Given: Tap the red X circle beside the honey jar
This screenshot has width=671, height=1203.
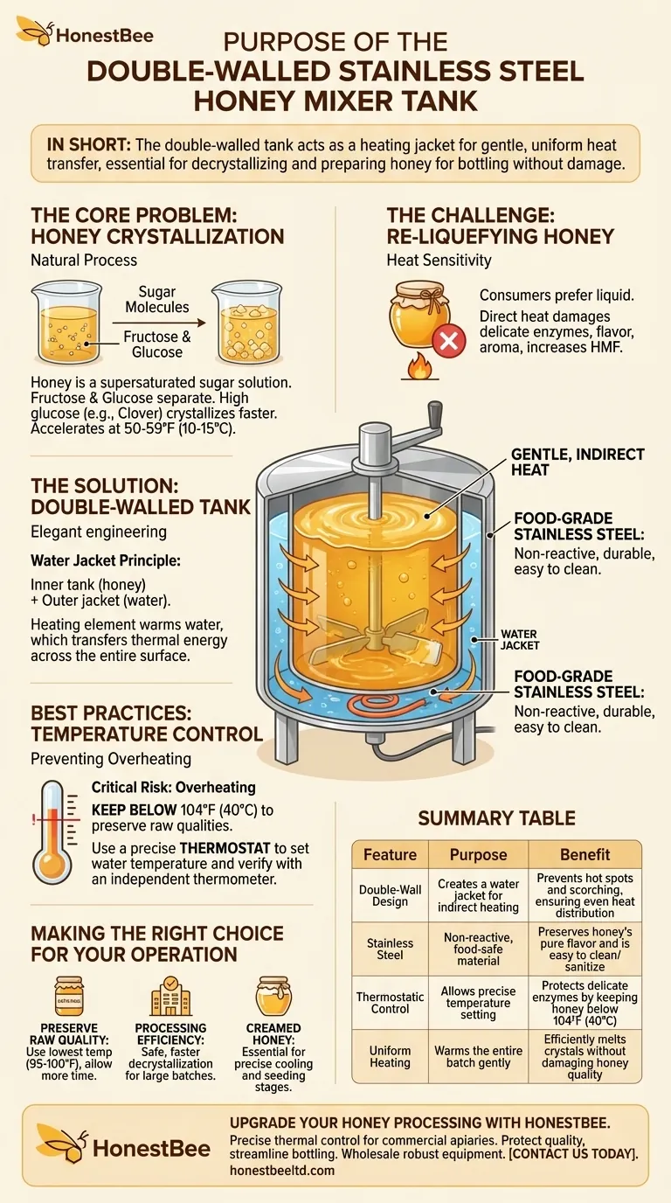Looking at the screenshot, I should click(450, 339).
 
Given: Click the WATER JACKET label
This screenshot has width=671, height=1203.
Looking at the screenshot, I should click(519, 640).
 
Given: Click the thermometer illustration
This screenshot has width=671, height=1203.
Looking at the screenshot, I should click(54, 831).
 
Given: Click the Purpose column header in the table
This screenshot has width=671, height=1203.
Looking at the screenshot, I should click(478, 854).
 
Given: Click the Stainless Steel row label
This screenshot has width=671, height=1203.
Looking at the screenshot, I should click(390, 949).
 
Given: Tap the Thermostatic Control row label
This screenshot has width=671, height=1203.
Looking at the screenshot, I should click(390, 1003).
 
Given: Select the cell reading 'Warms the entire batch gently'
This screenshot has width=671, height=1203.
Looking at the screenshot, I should click(478, 1057).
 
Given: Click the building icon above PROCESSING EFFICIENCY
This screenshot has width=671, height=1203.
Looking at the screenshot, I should click(170, 996).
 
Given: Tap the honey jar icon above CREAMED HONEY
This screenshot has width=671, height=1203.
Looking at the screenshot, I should click(273, 996).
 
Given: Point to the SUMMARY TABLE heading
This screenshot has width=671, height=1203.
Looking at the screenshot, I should click(496, 818).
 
